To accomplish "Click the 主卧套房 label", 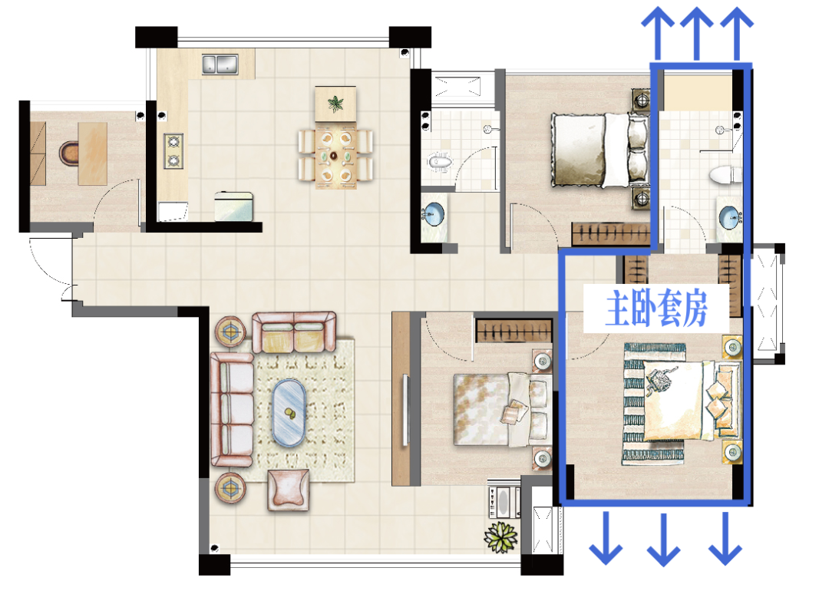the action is coord(656,308).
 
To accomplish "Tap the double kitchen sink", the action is coord(220,64).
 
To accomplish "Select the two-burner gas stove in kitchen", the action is coord(173,151).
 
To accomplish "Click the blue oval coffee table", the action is coord(289,413).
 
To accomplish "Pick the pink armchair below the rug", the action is coord(288,490).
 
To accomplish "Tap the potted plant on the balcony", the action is coord(500,536).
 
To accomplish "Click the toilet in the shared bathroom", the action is coord(439,162).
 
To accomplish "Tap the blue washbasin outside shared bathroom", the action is coord(434,215).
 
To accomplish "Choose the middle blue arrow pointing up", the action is coord(697,33).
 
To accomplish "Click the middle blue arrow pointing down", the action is coord(663,539).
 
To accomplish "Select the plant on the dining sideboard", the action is coord(335,103).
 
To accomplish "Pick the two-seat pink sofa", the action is coord(293,332).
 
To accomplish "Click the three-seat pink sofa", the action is coord(232,410).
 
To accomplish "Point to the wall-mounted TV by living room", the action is coord(405,409).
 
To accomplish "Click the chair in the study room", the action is coord(68,153).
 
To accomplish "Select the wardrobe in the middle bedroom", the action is coord(514,332).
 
